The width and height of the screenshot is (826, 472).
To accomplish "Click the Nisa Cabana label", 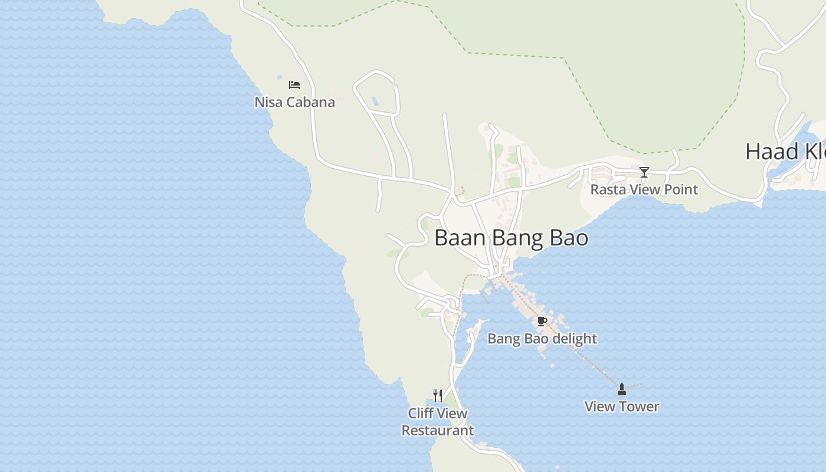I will coord(294,102).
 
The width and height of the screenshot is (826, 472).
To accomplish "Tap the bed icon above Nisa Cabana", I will coord(294,85).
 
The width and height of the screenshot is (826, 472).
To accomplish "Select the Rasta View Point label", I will coord(644,189).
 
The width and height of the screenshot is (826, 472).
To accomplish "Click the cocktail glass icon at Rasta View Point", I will coord(644,172).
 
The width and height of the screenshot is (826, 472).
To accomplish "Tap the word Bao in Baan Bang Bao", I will coord(569,238).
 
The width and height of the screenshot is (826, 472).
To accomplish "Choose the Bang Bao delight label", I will coord(542,339).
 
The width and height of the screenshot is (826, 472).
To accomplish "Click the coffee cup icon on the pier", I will coord(542,322).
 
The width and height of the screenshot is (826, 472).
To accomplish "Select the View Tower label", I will coord(621,406).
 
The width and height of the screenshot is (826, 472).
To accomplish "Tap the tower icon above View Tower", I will coord(621,389).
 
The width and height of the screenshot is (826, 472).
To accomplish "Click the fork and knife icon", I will coord(438,395).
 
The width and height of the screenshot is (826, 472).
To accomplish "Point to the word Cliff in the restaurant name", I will coord(421,414).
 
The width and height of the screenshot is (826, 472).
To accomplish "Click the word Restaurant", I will coord(437,431).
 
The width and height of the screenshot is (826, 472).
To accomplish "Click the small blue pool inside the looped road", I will coord(374,101).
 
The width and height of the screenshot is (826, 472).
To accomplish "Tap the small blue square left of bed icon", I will coord(280,77).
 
